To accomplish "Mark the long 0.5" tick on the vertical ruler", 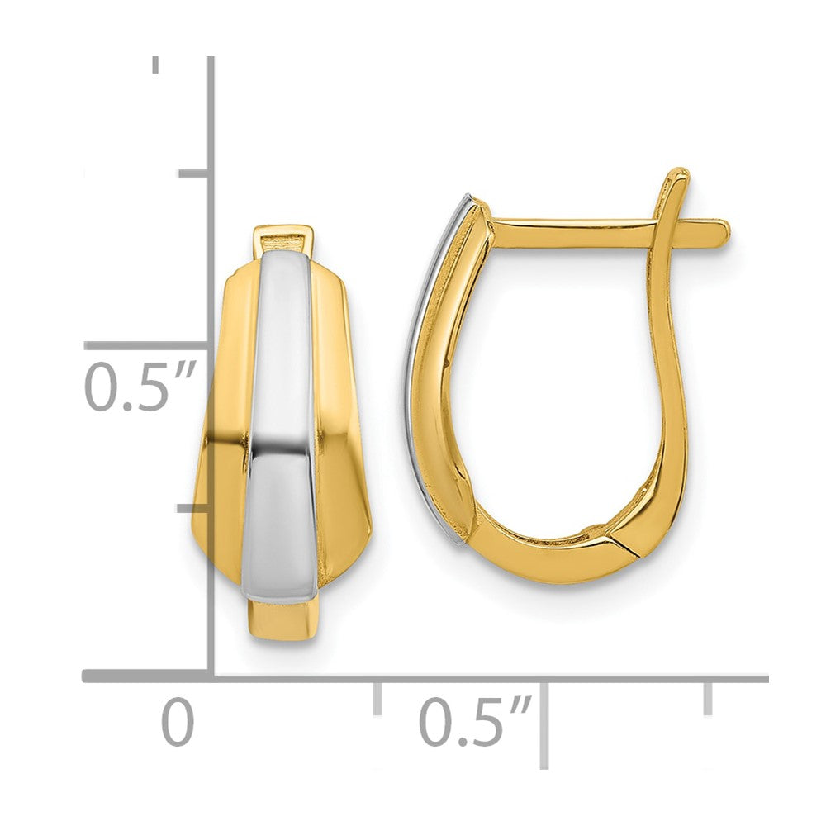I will click(145, 346).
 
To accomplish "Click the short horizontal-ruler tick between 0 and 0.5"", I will click(377, 697).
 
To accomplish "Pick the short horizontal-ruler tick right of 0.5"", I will click(707, 697).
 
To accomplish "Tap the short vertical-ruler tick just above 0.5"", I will click(193, 173).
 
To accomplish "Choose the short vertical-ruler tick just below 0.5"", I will click(193, 508).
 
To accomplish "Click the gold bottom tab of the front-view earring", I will click(282, 619).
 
